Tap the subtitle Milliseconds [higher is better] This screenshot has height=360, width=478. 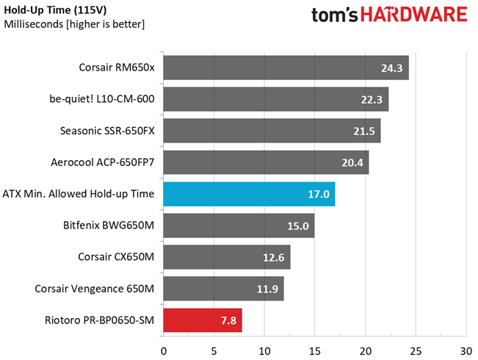click(74, 24)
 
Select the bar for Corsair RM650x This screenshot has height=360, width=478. click(285, 68)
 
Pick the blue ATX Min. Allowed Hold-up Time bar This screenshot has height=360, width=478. click(248, 195)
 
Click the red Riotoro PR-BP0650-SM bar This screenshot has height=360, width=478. click(202, 320)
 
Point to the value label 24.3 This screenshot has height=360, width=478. click(391, 68)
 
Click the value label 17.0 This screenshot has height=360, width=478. click(317, 195)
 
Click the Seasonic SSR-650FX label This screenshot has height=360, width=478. click(107, 132)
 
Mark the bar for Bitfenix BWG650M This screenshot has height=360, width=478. click(238, 226)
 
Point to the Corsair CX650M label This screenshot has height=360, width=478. click(116, 257)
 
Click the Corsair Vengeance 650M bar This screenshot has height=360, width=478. click(222, 289)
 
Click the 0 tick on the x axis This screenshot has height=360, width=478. click(163, 342)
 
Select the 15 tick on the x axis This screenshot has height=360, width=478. click(314, 342)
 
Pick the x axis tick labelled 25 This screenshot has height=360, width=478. click(415, 342)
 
